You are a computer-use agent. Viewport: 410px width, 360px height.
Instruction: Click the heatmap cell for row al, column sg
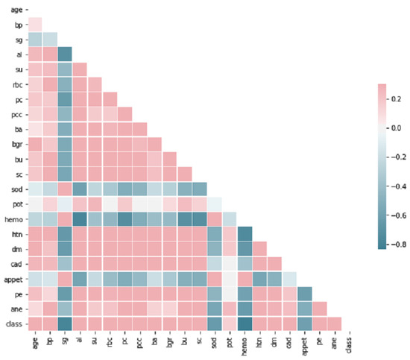click(65, 54)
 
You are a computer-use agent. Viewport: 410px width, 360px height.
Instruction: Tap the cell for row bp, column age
click(34, 24)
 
